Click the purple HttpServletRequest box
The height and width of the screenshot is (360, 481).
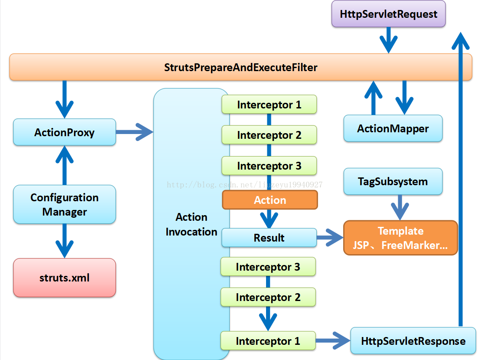(x=388, y=14)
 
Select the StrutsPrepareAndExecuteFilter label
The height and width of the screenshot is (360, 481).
(x=241, y=67)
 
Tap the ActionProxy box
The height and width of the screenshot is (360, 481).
(x=65, y=132)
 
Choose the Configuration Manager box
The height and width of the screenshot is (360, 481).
(x=65, y=204)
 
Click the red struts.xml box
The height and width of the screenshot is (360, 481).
(x=65, y=278)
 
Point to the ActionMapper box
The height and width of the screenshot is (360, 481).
(x=393, y=128)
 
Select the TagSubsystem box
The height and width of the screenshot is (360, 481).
(x=393, y=182)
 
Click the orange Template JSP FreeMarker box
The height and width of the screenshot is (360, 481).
(x=401, y=238)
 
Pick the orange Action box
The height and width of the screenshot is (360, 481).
(x=270, y=200)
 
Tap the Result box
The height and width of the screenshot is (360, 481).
(x=269, y=238)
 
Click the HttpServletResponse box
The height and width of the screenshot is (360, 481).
(x=413, y=341)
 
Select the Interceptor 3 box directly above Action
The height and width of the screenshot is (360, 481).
(x=269, y=166)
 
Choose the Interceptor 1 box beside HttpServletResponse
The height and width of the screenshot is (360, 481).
(x=268, y=341)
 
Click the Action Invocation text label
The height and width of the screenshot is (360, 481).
(x=192, y=224)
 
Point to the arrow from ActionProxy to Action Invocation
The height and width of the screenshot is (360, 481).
(x=134, y=132)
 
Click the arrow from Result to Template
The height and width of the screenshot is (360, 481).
(x=330, y=237)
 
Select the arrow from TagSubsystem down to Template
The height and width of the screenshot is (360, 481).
(x=400, y=207)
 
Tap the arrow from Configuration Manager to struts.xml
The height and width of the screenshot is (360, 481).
(x=65, y=241)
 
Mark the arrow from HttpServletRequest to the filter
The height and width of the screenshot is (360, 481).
(x=389, y=40)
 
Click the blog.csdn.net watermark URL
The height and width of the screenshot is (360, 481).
(x=244, y=185)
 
